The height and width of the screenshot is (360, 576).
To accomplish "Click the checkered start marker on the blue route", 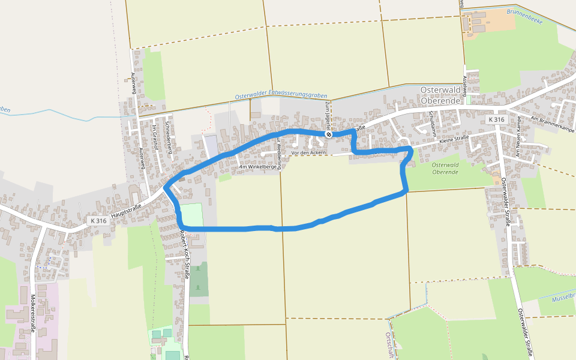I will (329, 134).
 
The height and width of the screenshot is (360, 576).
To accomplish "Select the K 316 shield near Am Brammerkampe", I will (496, 120).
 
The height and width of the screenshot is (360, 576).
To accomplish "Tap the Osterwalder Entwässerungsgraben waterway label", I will (281, 95).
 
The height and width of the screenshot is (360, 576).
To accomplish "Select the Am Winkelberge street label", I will (259, 167).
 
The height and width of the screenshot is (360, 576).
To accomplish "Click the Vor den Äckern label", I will (308, 153).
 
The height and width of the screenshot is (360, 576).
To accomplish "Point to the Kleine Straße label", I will (454, 141).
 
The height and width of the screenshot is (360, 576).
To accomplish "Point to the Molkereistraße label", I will (32, 313).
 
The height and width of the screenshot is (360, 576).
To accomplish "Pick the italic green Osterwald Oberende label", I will (445, 169).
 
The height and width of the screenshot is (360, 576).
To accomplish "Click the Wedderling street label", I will (278, 152).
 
